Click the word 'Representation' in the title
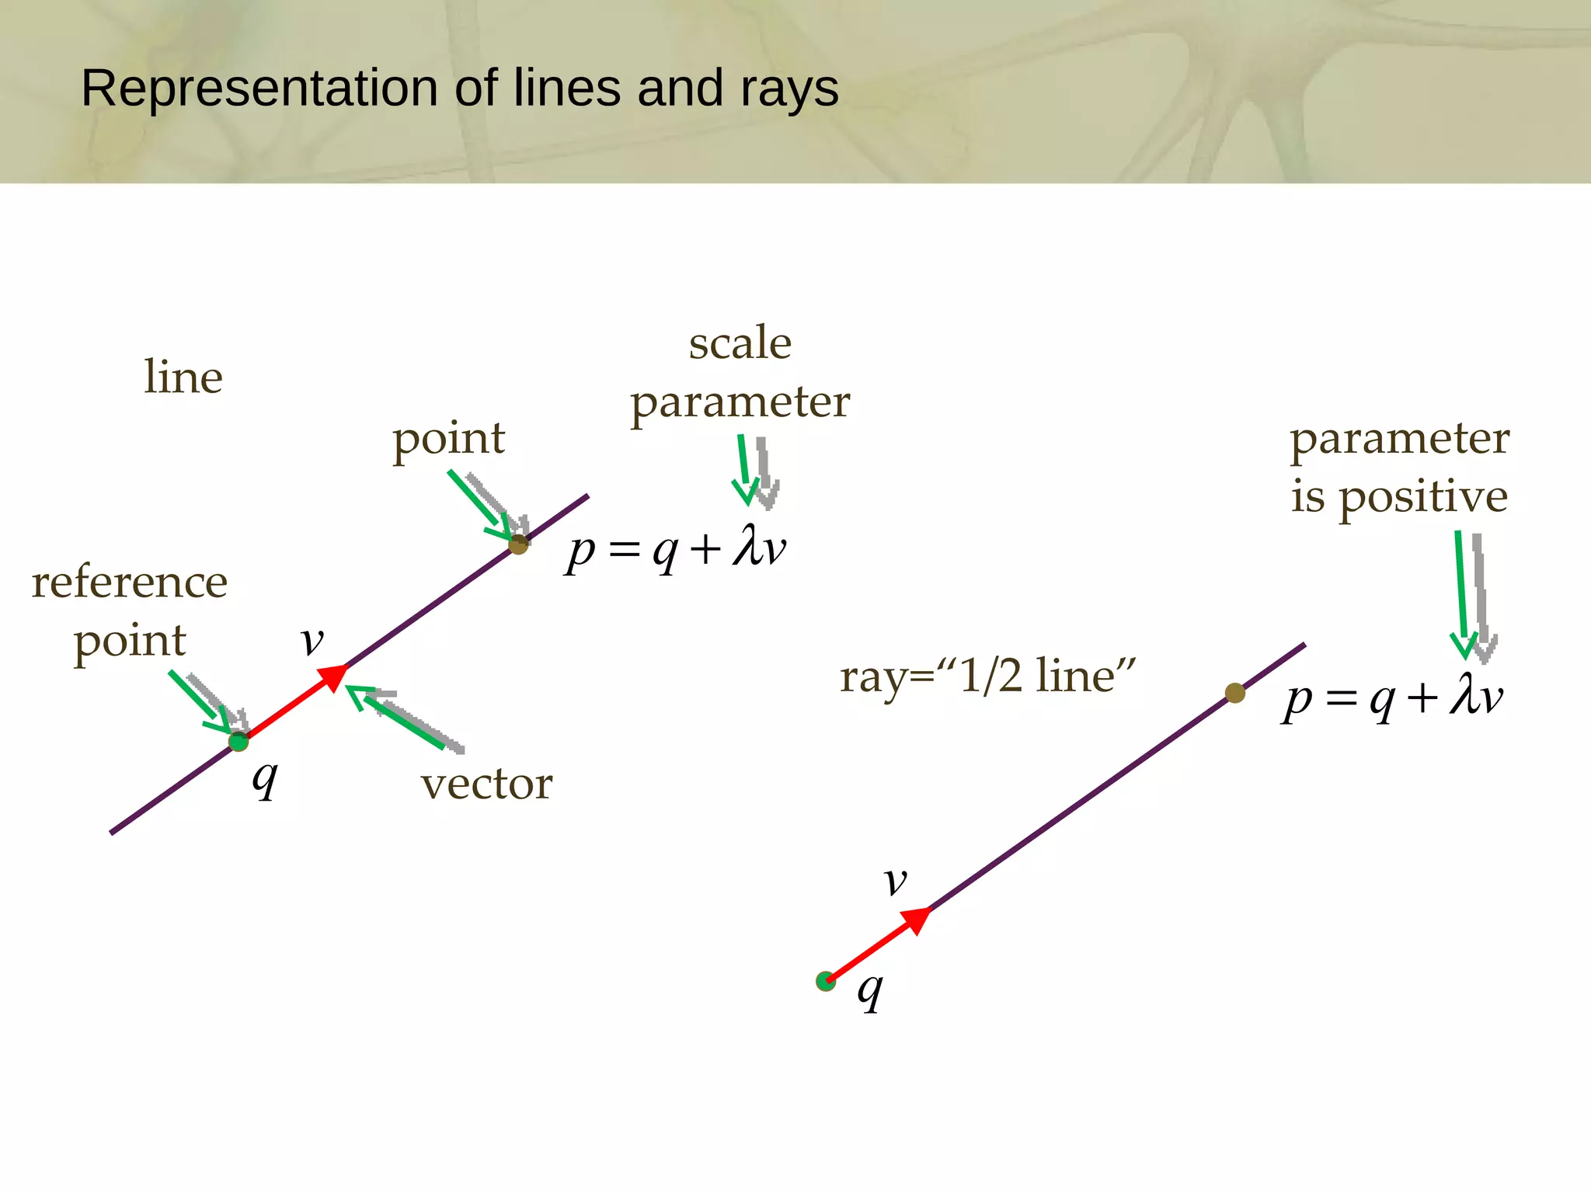pyautogui.click(x=260, y=88)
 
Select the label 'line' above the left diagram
pyautogui.click(x=183, y=377)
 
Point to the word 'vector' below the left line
pyautogui.click(x=487, y=783)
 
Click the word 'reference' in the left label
pyautogui.click(x=130, y=582)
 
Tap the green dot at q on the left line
pyautogui.click(x=238, y=742)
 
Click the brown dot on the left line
pyautogui.click(x=518, y=544)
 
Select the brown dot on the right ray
pyautogui.click(x=1235, y=693)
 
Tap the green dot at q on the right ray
pyautogui.click(x=826, y=982)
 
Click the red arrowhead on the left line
pyautogui.click(x=335, y=676)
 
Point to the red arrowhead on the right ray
pyautogui.click(x=918, y=919)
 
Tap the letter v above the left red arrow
pyautogui.click(x=312, y=642)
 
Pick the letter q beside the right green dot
pyautogui.click(x=870, y=990)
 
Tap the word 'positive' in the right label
pyautogui.click(x=1424, y=498)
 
